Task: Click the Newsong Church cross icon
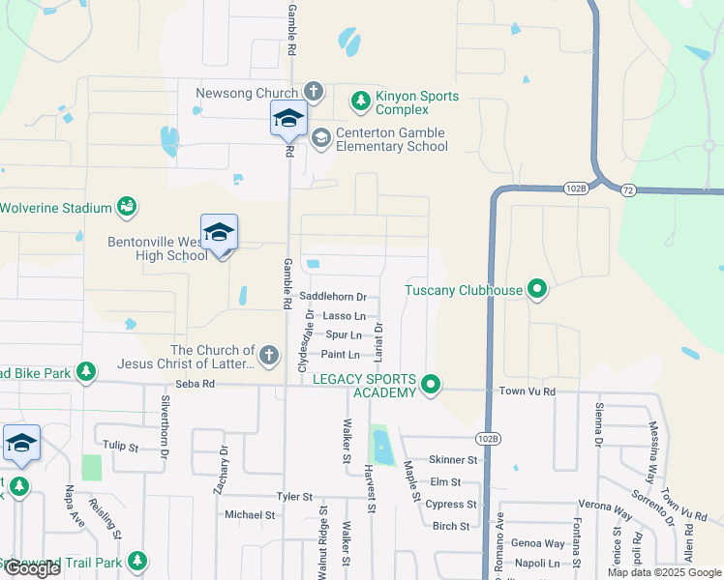pos(313,92)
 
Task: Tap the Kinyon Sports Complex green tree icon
pos(361,100)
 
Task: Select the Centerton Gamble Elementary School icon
pos(320,137)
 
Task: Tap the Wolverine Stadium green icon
pos(127,206)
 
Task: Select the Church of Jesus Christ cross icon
pos(270,358)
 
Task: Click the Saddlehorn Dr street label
pos(333,297)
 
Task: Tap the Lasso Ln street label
pos(345,316)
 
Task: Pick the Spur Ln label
pos(344,335)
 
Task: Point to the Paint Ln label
pos(341,355)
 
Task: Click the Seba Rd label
pos(195,384)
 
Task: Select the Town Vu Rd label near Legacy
pos(527,391)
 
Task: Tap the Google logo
pos(32,568)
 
